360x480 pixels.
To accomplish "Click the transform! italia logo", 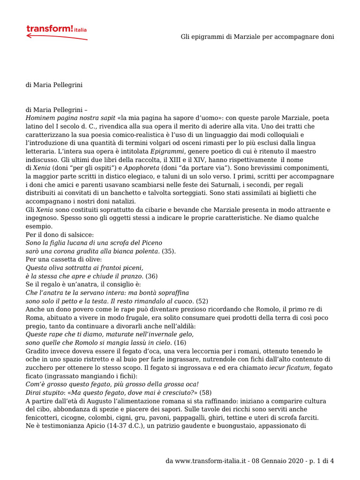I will click(x=56, y=30).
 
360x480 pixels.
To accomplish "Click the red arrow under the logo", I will click(x=56, y=37).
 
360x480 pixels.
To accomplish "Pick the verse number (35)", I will click(x=169, y=251).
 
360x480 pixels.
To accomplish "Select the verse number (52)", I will click(x=202, y=300).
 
